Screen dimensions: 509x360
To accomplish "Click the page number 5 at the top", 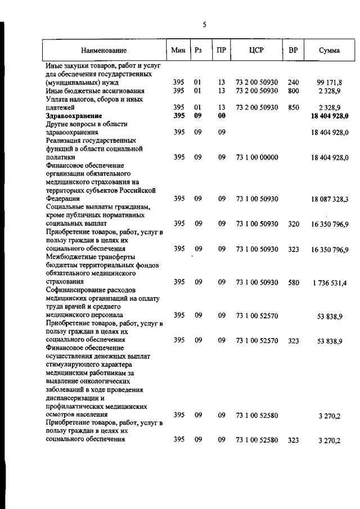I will tap(205, 24).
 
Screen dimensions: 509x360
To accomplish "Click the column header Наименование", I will tap(103, 51).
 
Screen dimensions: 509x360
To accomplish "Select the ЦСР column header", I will tap(256, 50).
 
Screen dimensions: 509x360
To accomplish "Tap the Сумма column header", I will tap(328, 51).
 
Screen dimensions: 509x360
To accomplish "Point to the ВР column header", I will tap(292, 50).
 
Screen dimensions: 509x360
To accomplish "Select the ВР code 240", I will tap(293, 82).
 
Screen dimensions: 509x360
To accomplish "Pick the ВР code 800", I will tap(293, 91).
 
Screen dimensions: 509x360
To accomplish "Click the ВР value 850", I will tap(293, 107).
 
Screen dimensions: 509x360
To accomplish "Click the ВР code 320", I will tap(293, 223).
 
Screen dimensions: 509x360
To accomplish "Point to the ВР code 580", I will tap(293, 282).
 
